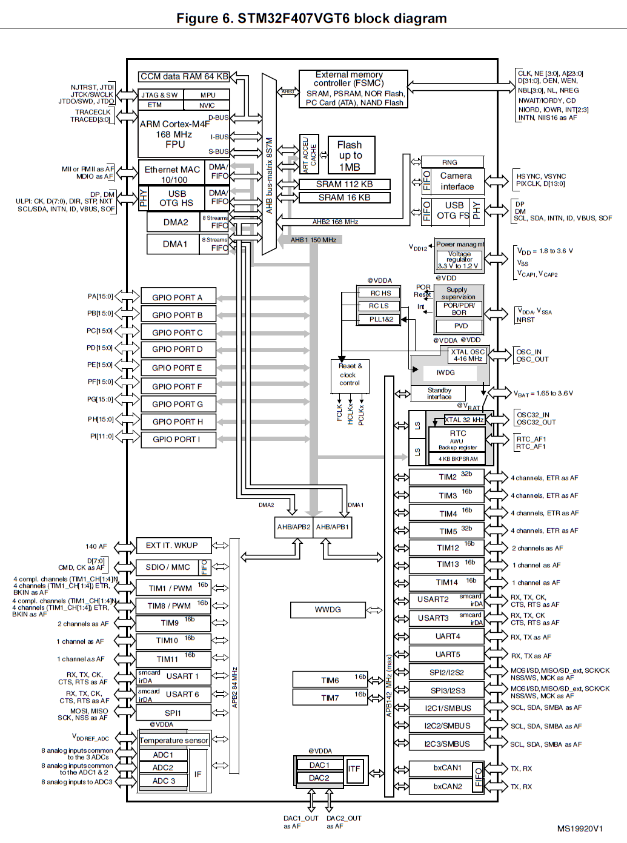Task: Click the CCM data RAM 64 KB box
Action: (184, 76)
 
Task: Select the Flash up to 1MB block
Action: (351, 156)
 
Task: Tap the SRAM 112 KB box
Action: (344, 184)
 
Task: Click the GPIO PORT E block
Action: (177, 368)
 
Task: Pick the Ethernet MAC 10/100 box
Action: (173, 174)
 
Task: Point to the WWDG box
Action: (328, 609)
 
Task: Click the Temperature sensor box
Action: (174, 740)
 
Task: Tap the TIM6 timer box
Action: (330, 680)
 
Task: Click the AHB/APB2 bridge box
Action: (294, 527)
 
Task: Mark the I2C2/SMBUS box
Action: (447, 726)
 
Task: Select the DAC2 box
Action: (319, 778)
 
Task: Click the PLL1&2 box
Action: (381, 319)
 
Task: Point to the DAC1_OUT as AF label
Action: (300, 822)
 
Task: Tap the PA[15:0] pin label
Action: (100, 296)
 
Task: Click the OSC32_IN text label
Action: (532, 415)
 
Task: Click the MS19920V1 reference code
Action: (580, 828)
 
